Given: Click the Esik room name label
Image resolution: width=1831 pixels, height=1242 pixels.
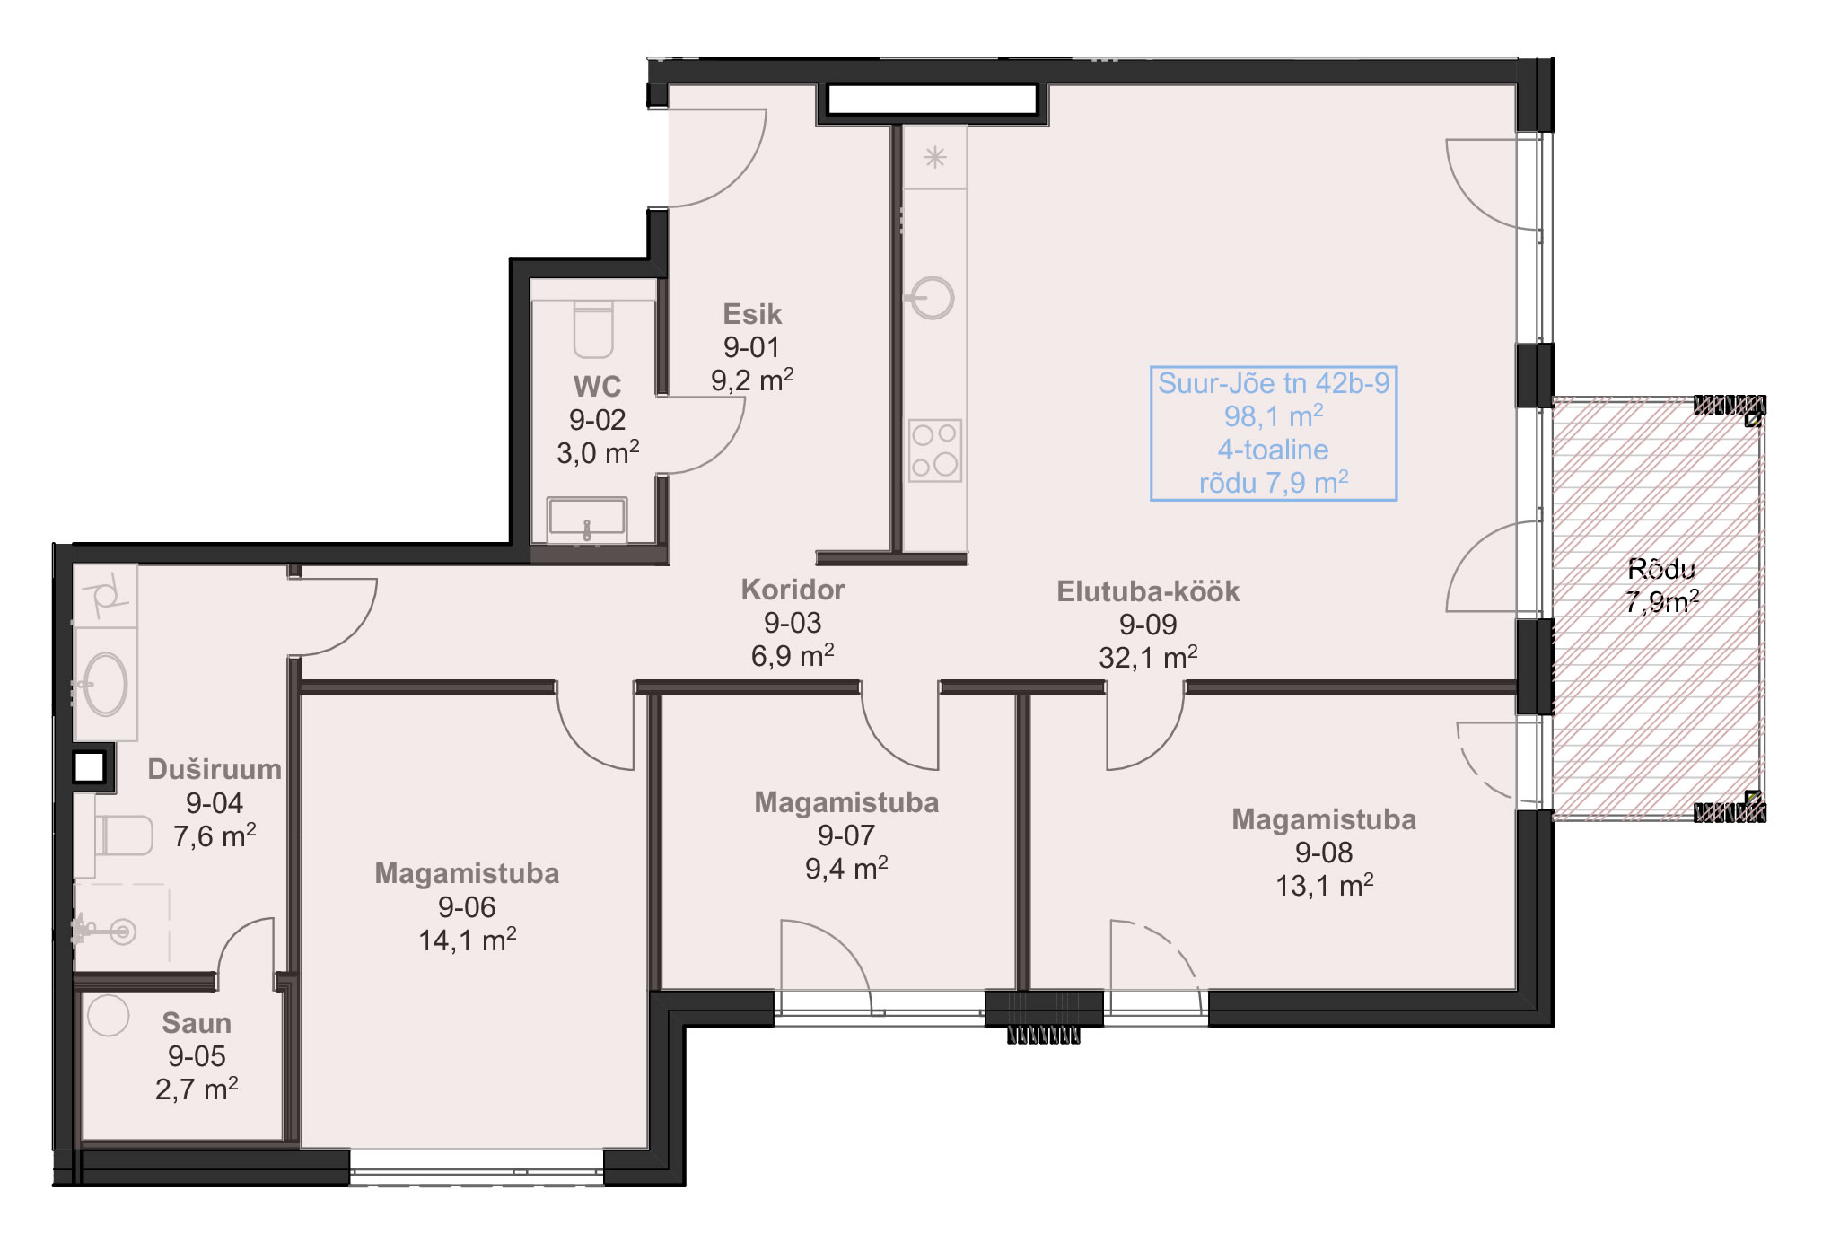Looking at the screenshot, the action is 752,314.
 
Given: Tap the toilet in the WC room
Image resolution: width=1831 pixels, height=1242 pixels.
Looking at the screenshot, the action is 593,329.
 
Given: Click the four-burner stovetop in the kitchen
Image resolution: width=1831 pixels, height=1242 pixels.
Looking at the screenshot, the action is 934,450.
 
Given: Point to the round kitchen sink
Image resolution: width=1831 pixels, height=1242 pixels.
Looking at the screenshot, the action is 933,297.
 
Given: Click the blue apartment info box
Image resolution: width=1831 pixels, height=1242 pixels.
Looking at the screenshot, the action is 1274,433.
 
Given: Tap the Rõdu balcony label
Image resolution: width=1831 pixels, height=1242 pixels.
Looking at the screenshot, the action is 1662,569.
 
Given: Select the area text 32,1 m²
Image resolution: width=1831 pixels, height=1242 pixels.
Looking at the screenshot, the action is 1148,658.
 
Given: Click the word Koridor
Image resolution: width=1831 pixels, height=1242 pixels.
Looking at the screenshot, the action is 793,590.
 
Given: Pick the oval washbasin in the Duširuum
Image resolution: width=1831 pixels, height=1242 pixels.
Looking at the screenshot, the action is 106,684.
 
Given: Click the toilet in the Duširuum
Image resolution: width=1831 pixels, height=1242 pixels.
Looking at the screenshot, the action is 124,835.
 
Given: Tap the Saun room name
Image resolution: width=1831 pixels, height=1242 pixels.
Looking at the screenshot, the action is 197,1023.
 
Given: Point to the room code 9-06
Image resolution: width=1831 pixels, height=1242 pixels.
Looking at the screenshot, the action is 467,907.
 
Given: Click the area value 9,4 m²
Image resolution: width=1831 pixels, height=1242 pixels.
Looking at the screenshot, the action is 846,869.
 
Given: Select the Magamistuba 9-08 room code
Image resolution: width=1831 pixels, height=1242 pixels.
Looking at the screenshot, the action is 1324,853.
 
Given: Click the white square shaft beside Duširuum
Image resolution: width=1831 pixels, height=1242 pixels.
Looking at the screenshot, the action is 90,767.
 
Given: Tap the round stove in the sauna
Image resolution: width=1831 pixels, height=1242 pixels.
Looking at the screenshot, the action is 109,1016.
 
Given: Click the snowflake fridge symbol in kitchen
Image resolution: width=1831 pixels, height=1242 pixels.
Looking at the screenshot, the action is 935,158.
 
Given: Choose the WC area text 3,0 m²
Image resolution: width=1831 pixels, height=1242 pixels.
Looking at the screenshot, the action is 598,453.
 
